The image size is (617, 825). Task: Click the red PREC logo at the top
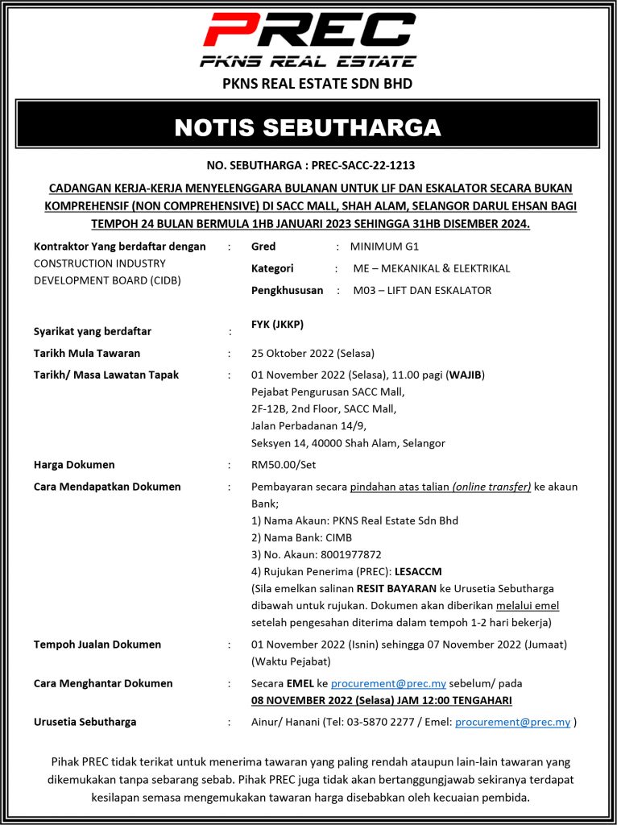[x=308, y=31]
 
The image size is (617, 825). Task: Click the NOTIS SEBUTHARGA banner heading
[x=308, y=128]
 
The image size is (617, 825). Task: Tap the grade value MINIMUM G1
[x=384, y=247]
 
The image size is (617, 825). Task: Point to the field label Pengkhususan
[x=288, y=290]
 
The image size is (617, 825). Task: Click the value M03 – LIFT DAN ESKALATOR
[x=422, y=290]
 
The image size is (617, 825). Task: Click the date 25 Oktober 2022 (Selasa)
[x=313, y=353]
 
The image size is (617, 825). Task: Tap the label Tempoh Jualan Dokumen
[x=97, y=645]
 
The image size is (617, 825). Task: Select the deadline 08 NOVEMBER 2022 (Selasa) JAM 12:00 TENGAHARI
[x=381, y=700]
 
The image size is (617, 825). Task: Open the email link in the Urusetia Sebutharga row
[x=512, y=723]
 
